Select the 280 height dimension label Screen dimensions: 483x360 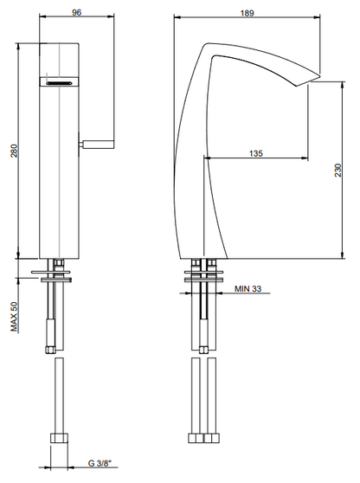click(11, 151)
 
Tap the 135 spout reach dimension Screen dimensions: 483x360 click(255, 152)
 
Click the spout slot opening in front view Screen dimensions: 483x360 click(57, 82)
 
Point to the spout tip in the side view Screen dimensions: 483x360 click(305, 84)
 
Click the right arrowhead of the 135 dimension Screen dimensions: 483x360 click(306, 158)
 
